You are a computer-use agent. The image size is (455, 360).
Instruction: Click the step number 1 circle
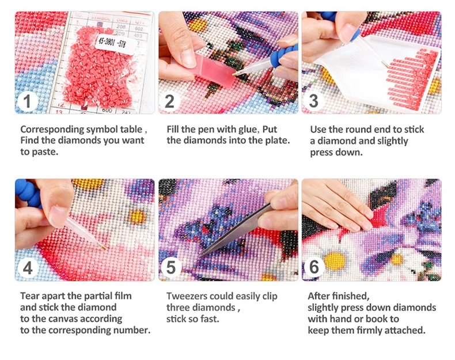click(x=27, y=101)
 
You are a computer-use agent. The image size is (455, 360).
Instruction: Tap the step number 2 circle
click(x=169, y=101)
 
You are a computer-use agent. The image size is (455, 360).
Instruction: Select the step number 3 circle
click(x=313, y=101)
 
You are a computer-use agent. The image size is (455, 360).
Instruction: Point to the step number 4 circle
click(x=28, y=268)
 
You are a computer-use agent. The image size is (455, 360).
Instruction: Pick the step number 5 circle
click(x=170, y=267)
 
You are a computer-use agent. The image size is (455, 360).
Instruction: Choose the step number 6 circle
click(x=314, y=267)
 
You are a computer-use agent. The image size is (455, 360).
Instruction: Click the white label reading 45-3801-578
click(x=115, y=44)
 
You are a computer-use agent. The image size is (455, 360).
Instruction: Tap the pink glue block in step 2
click(x=213, y=70)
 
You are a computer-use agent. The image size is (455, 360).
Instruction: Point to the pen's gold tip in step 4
click(x=103, y=247)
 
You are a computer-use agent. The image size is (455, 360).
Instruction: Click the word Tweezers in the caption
click(x=187, y=296)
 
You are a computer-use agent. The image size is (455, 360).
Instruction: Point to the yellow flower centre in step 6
click(x=335, y=260)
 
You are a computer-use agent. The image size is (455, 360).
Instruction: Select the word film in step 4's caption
click(x=123, y=296)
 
